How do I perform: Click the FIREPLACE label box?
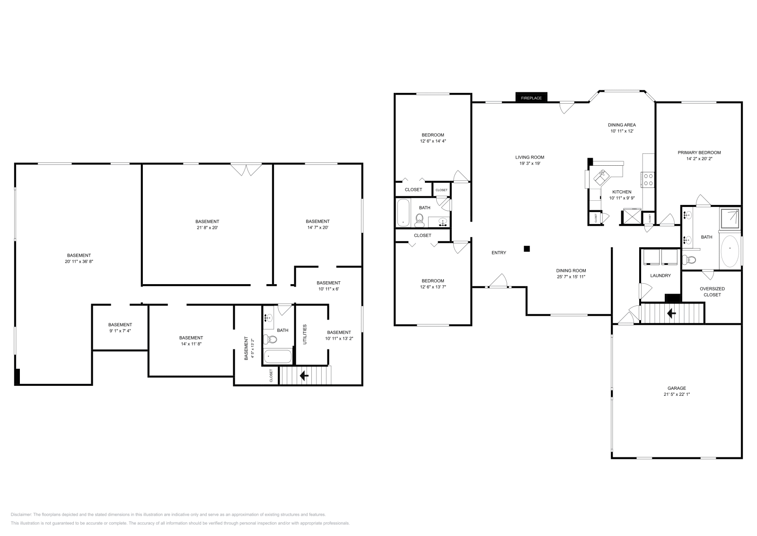click(531, 98)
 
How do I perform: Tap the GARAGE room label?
click(677, 388)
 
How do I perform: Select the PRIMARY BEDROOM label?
click(699, 152)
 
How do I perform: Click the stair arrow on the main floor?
click(670, 313)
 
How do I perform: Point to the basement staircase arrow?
click(304, 376)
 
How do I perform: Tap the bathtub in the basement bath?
click(278, 357)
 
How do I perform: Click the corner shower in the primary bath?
click(730, 217)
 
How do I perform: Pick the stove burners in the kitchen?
click(648, 179)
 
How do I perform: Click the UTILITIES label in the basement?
click(305, 334)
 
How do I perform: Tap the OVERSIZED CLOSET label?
click(712, 292)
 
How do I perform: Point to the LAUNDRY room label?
click(660, 276)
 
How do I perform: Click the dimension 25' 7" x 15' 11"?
click(571, 277)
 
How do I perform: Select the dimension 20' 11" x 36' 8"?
click(79, 261)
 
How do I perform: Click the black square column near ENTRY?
click(527, 249)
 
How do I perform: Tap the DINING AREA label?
click(622, 125)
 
